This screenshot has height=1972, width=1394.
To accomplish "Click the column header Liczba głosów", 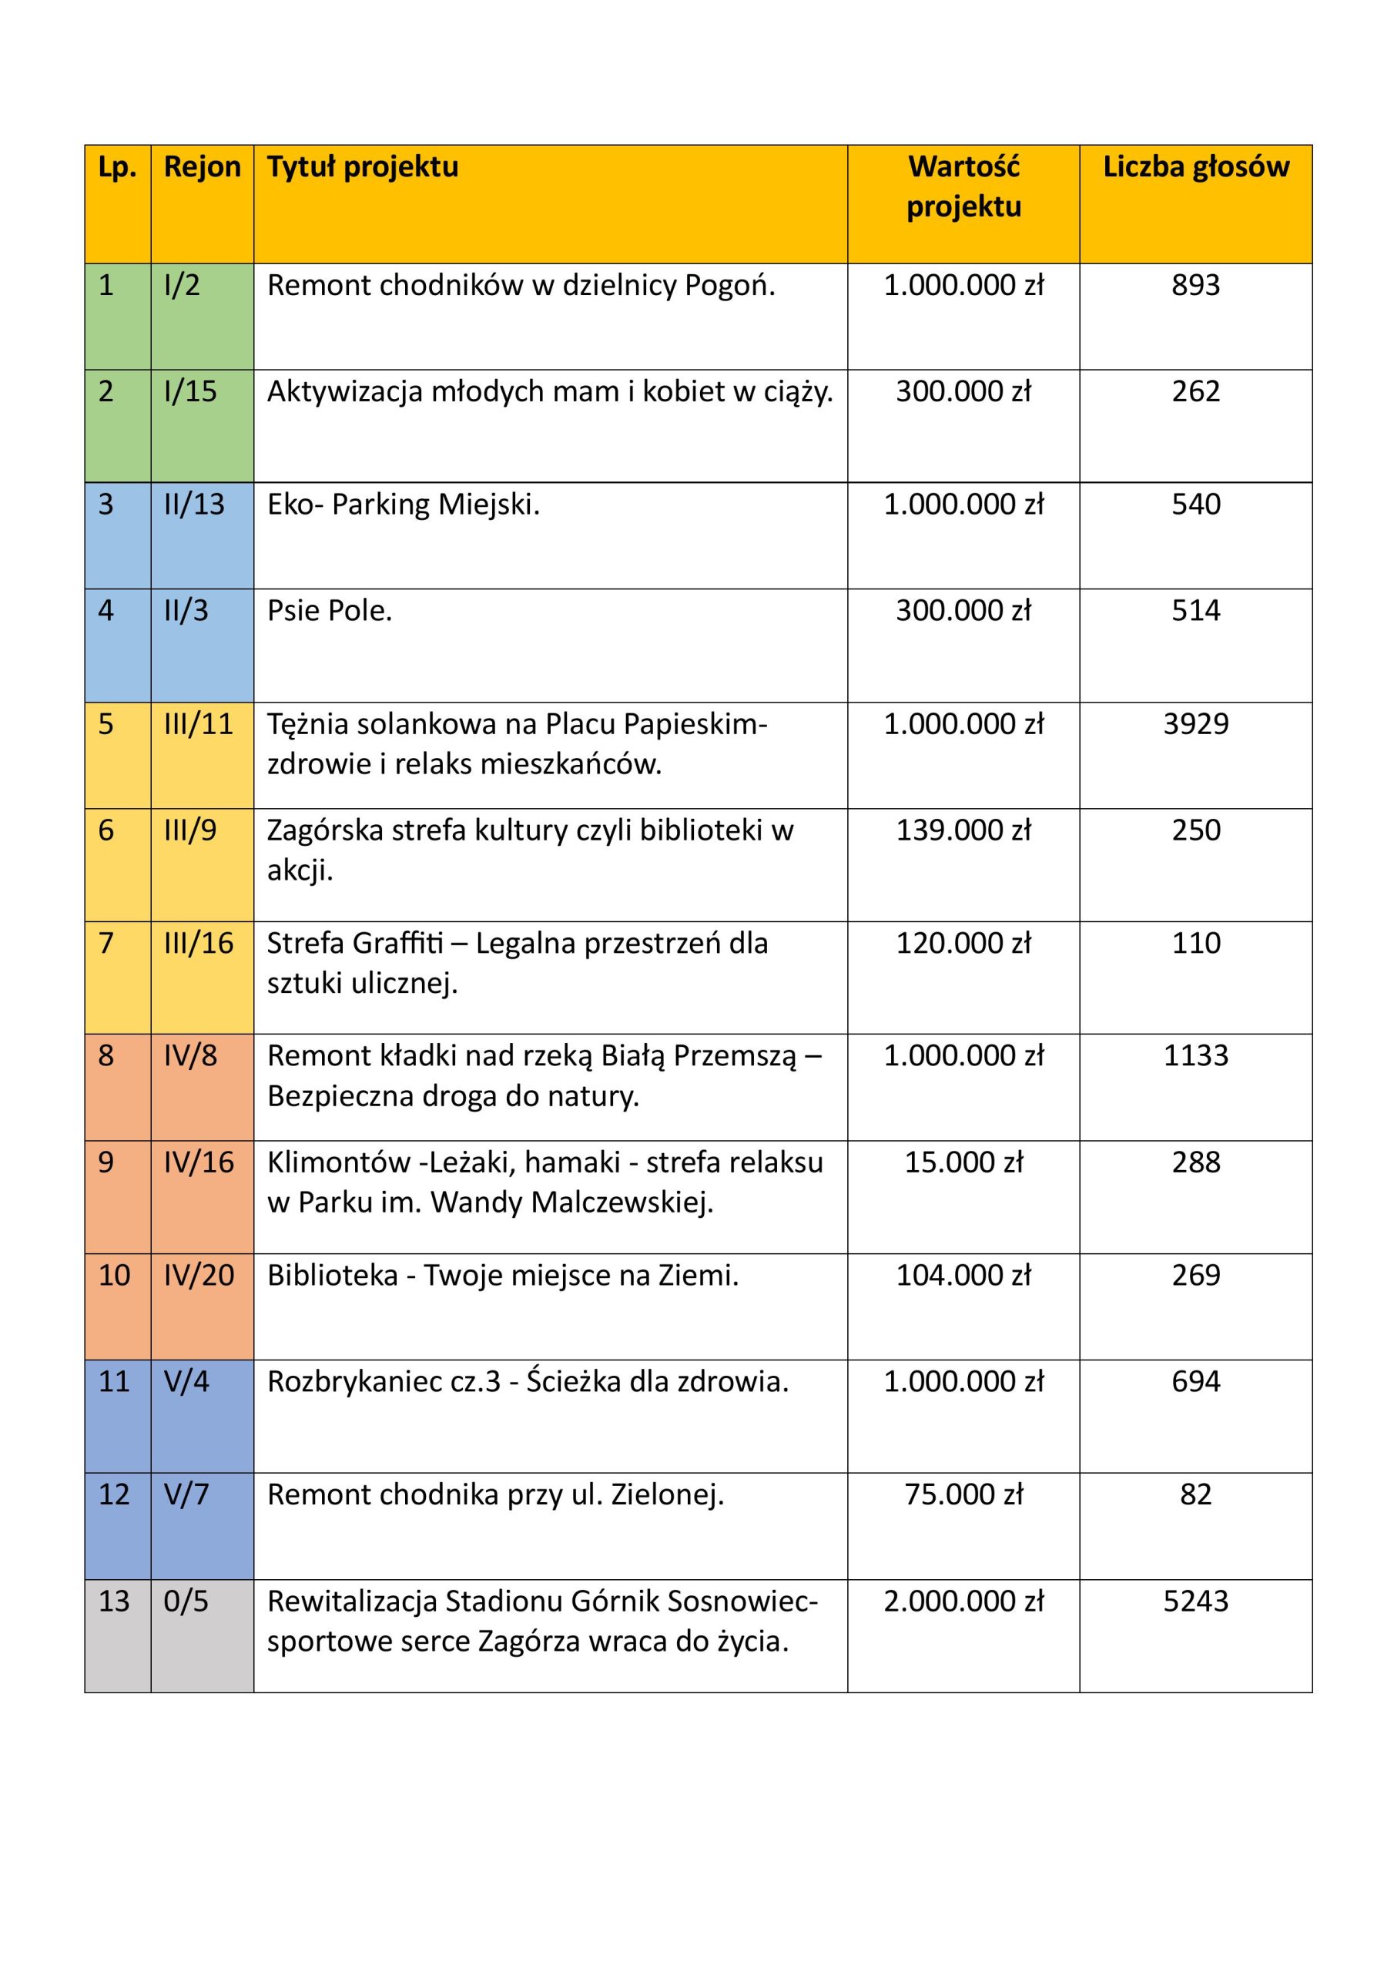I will click(x=1195, y=166).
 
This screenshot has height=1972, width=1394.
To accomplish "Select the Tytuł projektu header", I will click(x=363, y=166).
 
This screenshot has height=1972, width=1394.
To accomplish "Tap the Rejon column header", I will click(x=202, y=166).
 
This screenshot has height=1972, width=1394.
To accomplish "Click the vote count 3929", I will click(x=1195, y=724).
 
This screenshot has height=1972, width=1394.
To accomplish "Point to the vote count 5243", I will click(x=1195, y=1601).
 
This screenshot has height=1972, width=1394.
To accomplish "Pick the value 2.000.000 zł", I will click(x=963, y=1601).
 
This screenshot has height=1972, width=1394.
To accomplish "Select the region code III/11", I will click(x=199, y=724).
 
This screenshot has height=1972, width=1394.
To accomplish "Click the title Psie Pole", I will click(x=329, y=611).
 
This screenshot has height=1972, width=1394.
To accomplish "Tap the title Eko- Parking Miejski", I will click(x=403, y=504).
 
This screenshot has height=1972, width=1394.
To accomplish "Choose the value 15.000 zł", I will click(x=963, y=1162).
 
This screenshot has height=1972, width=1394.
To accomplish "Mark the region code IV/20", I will click(x=199, y=1275).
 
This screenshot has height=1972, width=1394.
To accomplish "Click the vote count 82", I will click(x=1195, y=1494).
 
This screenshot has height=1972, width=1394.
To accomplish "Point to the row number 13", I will click(x=113, y=1601).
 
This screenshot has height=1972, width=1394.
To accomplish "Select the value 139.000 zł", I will click(x=963, y=830).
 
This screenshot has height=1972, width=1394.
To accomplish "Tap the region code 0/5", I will click(x=186, y=1601).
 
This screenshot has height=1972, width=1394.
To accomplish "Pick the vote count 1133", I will click(x=1195, y=1055).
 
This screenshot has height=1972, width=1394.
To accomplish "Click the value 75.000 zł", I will click(x=963, y=1494).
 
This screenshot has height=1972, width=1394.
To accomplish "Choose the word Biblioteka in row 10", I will click(x=333, y=1276).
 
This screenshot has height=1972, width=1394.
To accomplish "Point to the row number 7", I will click(x=106, y=943).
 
